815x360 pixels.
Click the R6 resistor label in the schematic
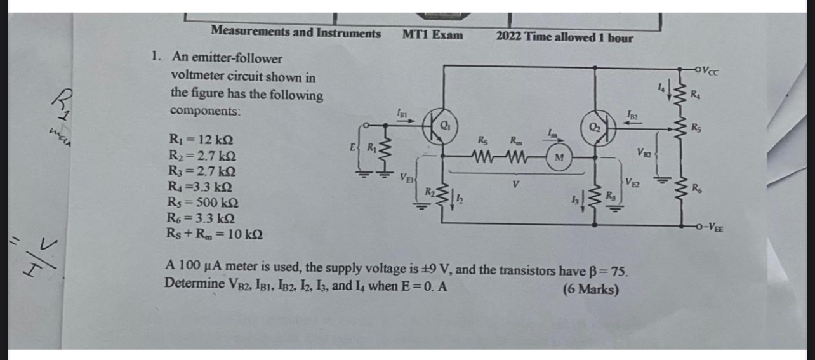[x=696, y=187]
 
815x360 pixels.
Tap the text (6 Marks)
[x=590, y=290]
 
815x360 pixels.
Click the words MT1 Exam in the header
[x=432, y=34]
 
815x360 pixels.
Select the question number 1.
[x=156, y=56]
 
